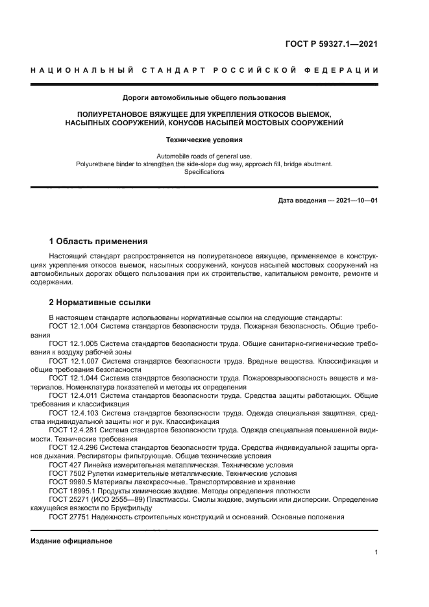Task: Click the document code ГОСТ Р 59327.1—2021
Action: point(331,45)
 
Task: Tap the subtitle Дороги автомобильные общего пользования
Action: point(204,98)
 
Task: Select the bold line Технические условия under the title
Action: point(204,139)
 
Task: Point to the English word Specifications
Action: point(204,172)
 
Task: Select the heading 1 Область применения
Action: point(98,241)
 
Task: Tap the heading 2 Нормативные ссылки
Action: point(100,302)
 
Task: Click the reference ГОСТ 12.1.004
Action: point(73,325)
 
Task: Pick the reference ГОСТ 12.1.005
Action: point(73,343)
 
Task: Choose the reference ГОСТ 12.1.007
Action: point(73,361)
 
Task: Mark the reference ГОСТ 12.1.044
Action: point(73,378)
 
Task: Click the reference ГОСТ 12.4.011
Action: point(73,395)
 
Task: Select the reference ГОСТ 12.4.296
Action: point(73,447)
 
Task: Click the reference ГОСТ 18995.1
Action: point(72,491)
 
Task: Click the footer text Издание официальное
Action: point(71,541)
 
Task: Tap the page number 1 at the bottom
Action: point(376,552)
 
